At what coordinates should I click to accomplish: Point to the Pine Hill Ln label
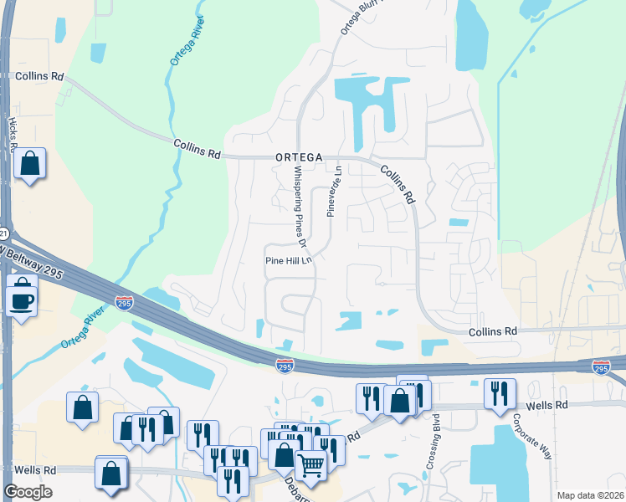288,259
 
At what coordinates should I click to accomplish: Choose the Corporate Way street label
532,434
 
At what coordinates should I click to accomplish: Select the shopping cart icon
311,465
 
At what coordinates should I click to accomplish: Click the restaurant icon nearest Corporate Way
500,394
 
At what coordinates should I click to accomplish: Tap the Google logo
28,492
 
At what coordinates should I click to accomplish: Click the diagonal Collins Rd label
398,184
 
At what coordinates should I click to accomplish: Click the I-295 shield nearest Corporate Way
601,367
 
